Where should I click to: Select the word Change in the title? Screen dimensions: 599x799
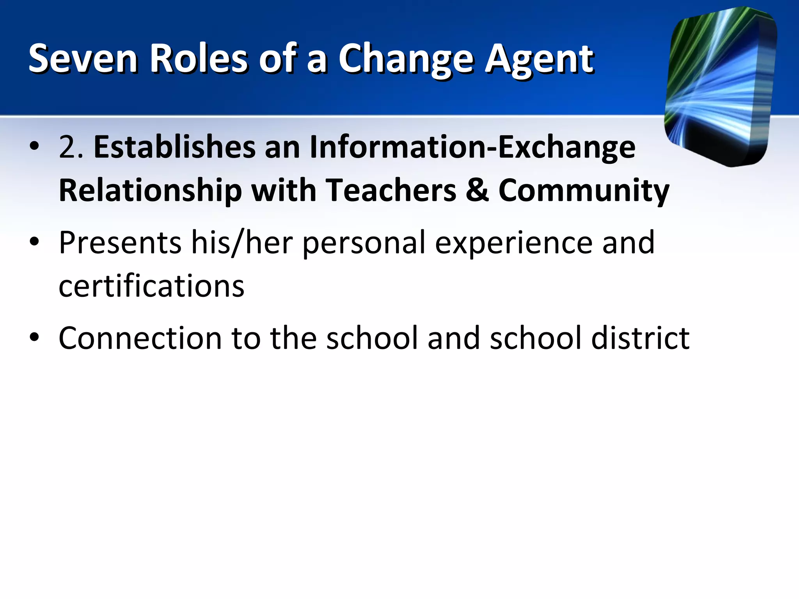[406, 59]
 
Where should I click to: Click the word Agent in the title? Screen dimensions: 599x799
[539, 59]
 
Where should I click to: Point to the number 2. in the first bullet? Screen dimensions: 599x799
[71, 147]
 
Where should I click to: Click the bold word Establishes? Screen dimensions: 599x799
[174, 147]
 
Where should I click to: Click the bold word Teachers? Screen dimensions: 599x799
[391, 190]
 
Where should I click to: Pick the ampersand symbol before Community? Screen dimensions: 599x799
[477, 190]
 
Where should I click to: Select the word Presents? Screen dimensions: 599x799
[120, 243]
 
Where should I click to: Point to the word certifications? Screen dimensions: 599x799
[151, 286]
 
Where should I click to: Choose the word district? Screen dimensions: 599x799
[640, 338]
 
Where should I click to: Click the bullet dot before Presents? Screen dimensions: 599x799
[34, 242]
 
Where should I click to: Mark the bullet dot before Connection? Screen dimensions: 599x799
[34, 337]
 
